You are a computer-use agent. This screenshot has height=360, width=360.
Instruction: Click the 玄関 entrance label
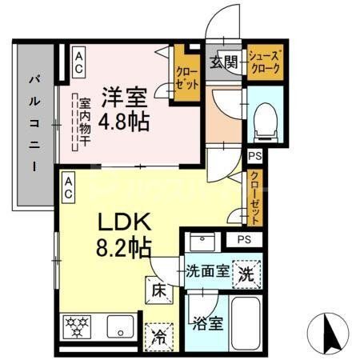coord(223,63)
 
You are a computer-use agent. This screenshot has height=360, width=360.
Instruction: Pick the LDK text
coord(119,220)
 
